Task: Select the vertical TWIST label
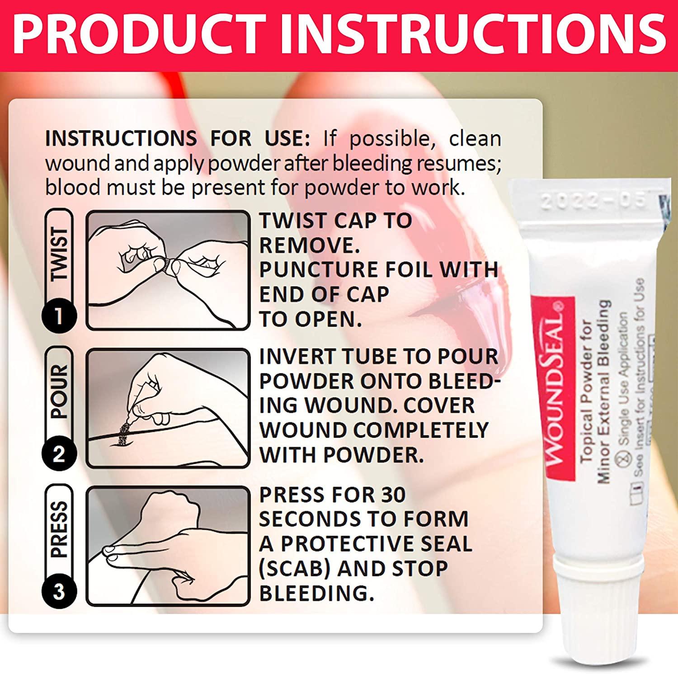pos(59,254)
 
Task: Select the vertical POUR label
pos(59,391)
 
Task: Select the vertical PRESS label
pos(59,529)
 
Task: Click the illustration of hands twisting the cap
pos(168,270)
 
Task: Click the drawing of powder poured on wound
pos(168,408)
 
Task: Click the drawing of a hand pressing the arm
pos(168,546)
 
